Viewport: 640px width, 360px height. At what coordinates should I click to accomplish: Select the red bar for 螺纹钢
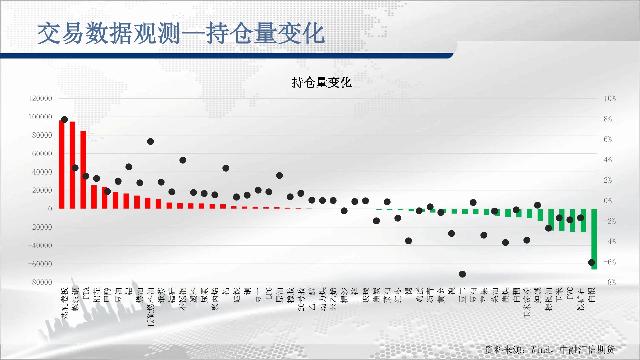[72, 165]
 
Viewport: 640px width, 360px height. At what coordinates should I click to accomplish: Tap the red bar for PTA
[83, 170]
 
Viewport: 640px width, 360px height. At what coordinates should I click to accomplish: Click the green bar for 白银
[594, 239]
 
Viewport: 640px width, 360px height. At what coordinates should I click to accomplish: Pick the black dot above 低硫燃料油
[150, 142]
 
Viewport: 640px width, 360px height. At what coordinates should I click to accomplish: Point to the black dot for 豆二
[462, 274]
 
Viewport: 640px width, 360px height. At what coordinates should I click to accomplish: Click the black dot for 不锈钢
[183, 160]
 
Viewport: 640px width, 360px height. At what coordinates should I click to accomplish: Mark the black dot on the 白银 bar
[592, 263]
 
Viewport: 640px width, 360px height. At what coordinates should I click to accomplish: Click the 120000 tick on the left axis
[40, 99]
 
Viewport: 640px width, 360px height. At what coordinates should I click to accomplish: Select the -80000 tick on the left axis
[40, 282]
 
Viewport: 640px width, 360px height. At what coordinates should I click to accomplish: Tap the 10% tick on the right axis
[610, 99]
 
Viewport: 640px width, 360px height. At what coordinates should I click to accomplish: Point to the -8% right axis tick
[610, 282]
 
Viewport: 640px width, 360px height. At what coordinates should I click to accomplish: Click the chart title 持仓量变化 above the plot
[322, 82]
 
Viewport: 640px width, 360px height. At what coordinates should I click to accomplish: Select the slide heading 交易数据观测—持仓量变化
[181, 33]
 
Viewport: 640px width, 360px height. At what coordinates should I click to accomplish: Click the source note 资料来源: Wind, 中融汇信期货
[550, 350]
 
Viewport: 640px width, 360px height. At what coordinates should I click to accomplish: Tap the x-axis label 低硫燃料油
[151, 307]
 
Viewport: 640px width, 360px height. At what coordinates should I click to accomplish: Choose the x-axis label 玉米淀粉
[527, 303]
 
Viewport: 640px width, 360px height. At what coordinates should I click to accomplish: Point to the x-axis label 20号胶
[301, 299]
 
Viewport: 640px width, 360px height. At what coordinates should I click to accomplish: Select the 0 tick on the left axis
[50, 209]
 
